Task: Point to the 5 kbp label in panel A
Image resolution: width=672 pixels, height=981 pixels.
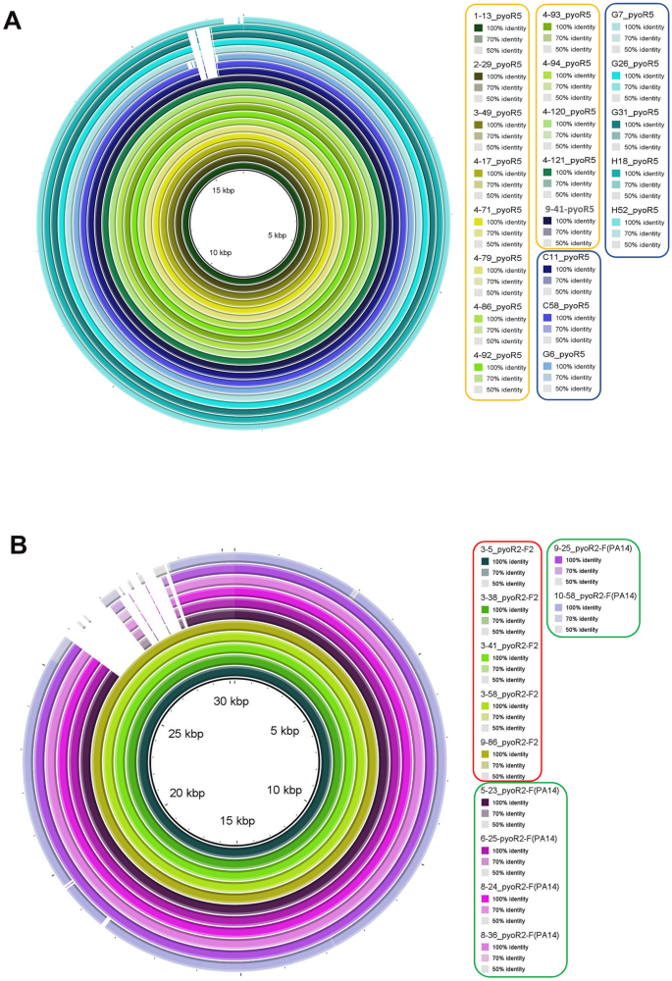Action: (x=274, y=235)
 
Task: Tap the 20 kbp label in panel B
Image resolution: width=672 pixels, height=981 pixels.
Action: (x=185, y=793)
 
